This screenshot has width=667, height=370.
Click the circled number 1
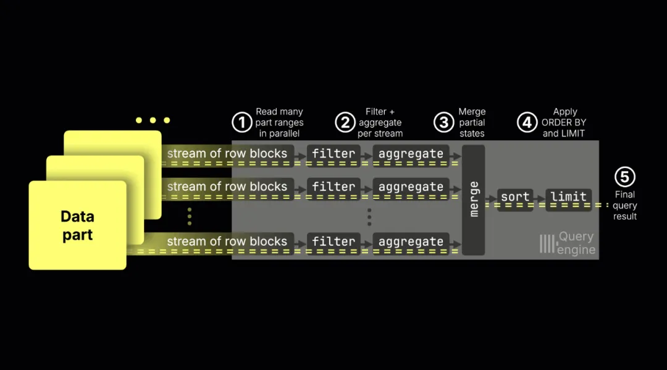coord(242,122)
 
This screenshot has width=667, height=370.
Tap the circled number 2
coord(345,122)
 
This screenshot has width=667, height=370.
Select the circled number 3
coord(443,122)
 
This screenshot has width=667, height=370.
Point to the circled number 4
coord(527,122)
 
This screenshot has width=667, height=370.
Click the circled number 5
coord(625,177)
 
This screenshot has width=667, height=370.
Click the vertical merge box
coord(474,200)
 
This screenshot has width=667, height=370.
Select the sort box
coord(515,199)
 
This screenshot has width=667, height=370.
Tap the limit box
coord(568,199)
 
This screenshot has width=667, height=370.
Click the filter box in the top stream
coord(333,156)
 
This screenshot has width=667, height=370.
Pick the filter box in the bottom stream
coord(333,244)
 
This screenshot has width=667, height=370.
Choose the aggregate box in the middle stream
coord(411,189)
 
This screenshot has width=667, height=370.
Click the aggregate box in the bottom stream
coord(411,244)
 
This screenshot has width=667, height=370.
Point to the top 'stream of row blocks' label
coord(227,154)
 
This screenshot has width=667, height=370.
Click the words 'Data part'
coord(77,225)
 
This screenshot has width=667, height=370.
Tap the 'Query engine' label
coord(568,243)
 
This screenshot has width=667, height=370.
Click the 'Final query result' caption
coord(625,206)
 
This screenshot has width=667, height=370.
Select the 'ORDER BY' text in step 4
coord(564,122)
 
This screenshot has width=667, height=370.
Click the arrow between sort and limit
coord(539,198)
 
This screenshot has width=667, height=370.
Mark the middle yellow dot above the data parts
coord(153,120)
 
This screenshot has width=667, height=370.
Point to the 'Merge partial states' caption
coord(472,122)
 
